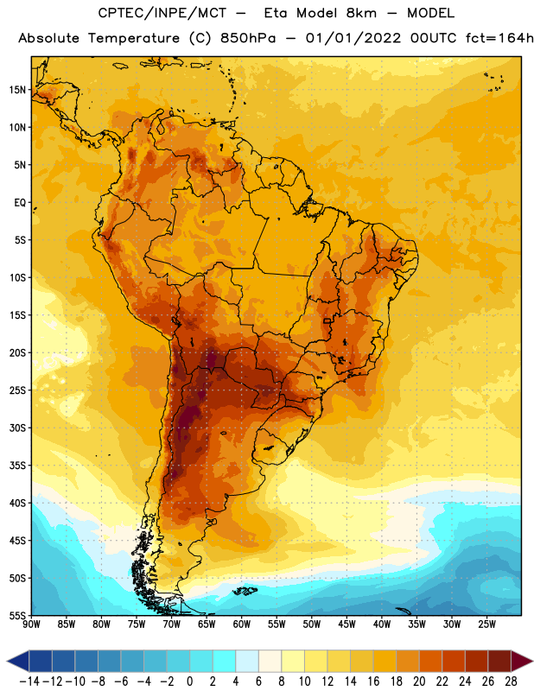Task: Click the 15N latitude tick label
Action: pos(17,90)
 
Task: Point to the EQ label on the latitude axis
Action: pos(20,203)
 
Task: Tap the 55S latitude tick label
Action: pos(17,615)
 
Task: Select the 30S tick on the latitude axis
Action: pos(17,428)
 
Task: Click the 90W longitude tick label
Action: pos(31,624)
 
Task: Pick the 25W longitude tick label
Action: pos(486,624)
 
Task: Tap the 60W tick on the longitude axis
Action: pos(242,624)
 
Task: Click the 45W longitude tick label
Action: pos(346,624)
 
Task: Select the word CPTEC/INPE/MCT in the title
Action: pos(162,13)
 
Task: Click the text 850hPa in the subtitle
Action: pos(248,38)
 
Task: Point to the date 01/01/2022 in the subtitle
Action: pos(353,38)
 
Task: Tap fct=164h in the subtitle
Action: pos(499,38)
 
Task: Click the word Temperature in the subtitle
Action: pos(134,39)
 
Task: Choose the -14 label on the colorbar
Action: pos(29,681)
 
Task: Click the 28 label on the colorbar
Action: pos(511,681)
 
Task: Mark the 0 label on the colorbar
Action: pos(189,681)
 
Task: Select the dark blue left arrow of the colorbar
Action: pos(18,662)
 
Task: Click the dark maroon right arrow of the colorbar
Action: pos(522,662)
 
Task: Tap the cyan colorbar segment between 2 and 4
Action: pos(224,662)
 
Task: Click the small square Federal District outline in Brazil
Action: pos(327,320)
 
